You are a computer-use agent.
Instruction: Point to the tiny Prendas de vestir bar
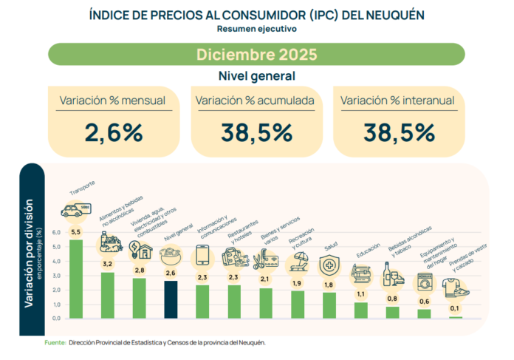pos(456,317)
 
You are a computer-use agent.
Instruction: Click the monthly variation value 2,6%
pos(113,132)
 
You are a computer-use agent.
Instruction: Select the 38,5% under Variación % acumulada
pos(256,132)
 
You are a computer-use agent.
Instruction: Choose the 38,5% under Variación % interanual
pos(398,132)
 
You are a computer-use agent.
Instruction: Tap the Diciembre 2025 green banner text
pos(256,55)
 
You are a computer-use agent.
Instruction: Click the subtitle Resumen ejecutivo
pos(256,29)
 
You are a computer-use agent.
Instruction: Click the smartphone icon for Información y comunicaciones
pos(202,256)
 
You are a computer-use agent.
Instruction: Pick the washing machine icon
pos(425,282)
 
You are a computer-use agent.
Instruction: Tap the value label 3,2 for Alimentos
pos(107,263)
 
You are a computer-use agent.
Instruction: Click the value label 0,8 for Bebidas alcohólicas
pos(393,298)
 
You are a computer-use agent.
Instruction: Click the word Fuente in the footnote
pos(55,343)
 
